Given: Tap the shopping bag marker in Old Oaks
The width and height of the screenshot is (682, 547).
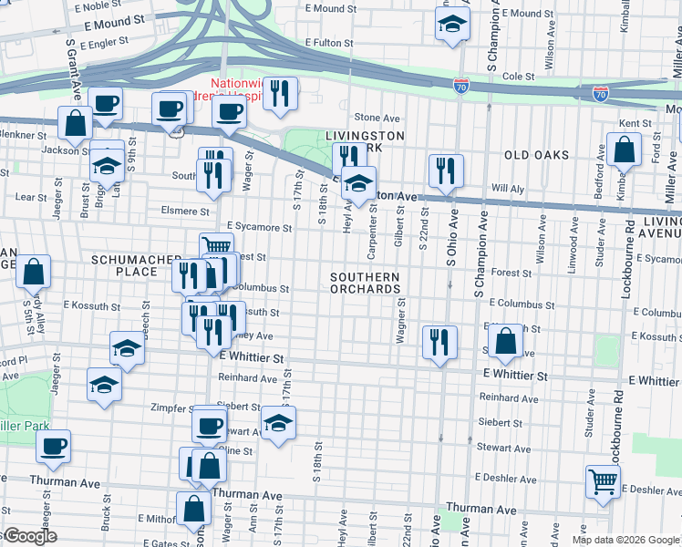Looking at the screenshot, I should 624,150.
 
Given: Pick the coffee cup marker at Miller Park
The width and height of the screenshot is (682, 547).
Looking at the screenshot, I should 54,445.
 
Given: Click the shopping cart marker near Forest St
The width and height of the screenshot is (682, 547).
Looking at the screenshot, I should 216,245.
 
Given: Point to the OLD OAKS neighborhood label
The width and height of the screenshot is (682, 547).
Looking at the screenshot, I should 535,156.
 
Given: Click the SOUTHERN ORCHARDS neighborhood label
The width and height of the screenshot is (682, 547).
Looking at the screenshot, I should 366,283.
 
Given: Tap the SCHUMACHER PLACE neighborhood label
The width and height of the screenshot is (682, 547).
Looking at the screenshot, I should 125,265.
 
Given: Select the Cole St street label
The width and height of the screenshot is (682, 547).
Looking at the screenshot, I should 517,77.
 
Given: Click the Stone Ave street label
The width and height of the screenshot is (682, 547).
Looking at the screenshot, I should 377,118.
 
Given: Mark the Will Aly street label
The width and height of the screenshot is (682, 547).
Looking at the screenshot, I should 505,188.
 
